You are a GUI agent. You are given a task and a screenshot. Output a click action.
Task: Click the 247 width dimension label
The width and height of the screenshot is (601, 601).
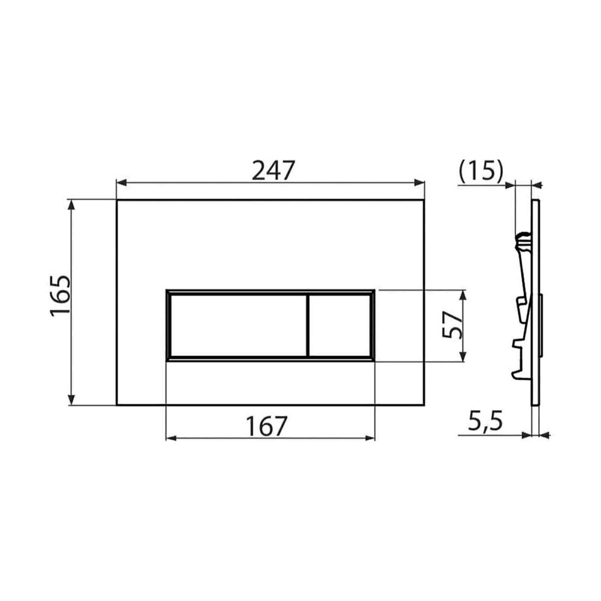[273, 171]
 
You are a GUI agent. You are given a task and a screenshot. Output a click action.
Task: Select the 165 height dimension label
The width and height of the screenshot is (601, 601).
[61, 296]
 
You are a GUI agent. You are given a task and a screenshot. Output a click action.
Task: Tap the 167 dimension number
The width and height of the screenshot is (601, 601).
[266, 426]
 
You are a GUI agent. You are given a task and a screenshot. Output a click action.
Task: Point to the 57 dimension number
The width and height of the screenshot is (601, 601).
[451, 325]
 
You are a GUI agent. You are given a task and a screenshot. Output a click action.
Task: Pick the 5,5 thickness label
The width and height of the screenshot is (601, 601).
[485, 422]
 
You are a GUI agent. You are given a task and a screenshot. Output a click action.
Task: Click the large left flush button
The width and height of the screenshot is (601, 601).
[238, 326]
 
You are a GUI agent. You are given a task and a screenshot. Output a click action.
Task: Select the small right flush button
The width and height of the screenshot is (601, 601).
[339, 326]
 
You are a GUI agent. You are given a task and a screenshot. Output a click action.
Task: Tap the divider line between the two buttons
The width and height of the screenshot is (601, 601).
[307, 326]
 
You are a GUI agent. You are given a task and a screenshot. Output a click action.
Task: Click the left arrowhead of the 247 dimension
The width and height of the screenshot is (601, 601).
[121, 183]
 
